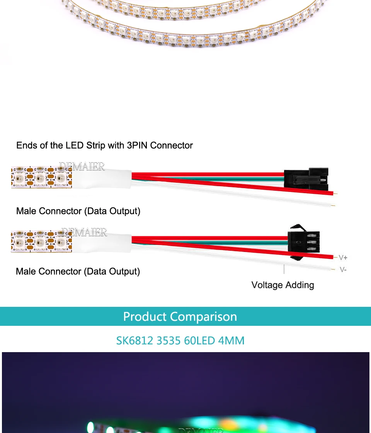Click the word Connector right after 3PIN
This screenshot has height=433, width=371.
[171, 145]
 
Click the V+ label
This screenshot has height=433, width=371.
[343, 257]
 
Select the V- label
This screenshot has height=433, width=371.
[343, 269]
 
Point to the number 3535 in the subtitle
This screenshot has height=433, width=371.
[169, 341]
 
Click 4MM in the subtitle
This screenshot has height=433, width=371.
[231, 341]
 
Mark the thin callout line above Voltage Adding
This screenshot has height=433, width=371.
[284, 269]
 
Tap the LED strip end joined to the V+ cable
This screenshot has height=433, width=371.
[41, 242]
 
